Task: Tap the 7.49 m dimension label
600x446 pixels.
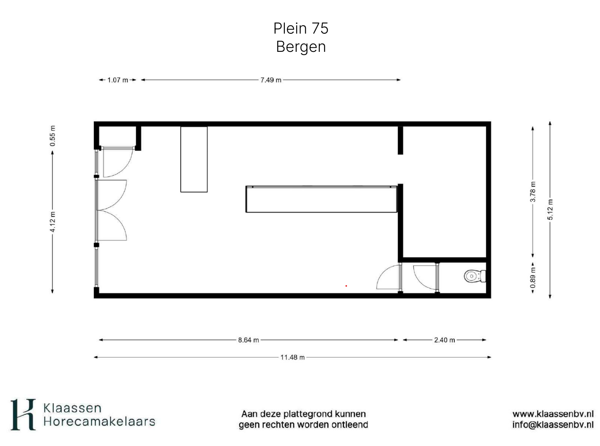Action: pyautogui.click(x=271, y=80)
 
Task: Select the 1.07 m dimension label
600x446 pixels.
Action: pyautogui.click(x=118, y=80)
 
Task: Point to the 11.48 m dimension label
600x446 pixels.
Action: pyautogui.click(x=293, y=357)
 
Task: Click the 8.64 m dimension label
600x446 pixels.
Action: pyautogui.click(x=248, y=340)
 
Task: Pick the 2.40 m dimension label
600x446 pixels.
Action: pyautogui.click(x=444, y=340)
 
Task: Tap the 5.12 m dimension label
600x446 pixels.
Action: pyautogui.click(x=550, y=209)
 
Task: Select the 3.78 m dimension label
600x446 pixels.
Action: pyautogui.click(x=533, y=192)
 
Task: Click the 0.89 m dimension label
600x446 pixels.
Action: pyautogui.click(x=533, y=278)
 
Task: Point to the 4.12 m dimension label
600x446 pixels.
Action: pyautogui.click(x=53, y=222)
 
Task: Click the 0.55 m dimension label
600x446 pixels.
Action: pyautogui.click(x=53, y=136)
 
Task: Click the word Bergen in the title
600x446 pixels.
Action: pyautogui.click(x=301, y=47)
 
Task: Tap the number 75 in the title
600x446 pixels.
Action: pyautogui.click(x=320, y=28)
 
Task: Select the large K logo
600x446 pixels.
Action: pyautogui.click(x=23, y=415)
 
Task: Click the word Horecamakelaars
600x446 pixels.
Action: pyautogui.click(x=99, y=422)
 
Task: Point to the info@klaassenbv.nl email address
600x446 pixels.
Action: pyautogui.click(x=553, y=425)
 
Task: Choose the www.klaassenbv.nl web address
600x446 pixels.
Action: pyautogui.click(x=553, y=414)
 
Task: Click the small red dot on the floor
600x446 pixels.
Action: pyautogui.click(x=346, y=286)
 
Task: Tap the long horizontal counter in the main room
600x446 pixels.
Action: pyautogui.click(x=321, y=199)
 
